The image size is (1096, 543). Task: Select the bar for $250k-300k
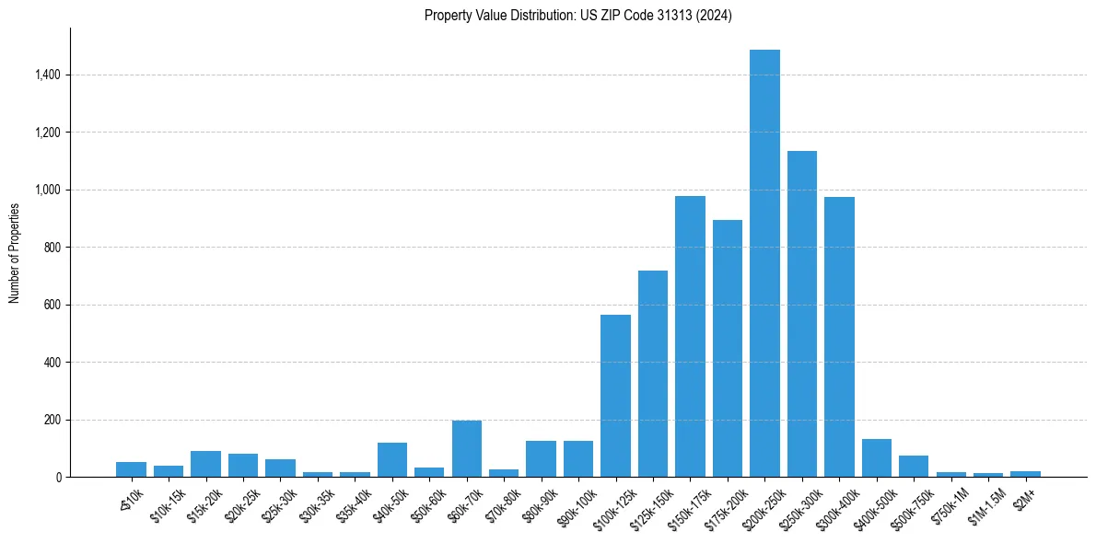coord(802,314)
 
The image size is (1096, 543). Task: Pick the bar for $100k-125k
coord(615,396)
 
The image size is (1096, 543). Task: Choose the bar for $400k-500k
coord(877,458)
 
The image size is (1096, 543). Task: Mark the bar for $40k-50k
coord(392,460)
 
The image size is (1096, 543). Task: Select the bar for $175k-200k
coord(728,349)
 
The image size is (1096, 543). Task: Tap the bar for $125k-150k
coord(653,374)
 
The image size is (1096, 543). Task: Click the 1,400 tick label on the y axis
coord(48,75)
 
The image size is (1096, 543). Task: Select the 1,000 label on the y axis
coord(48,191)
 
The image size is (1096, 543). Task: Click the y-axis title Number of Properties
coord(15,253)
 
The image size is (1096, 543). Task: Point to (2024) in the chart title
coord(712,16)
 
